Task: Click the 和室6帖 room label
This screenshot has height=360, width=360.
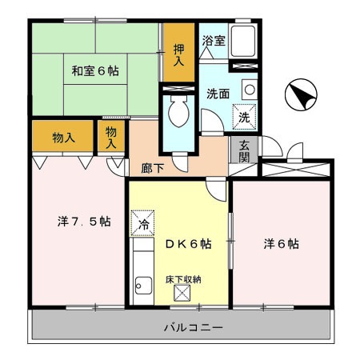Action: (94, 70)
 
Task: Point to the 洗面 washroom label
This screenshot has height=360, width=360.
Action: (216, 93)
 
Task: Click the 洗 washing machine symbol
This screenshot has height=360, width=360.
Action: (246, 117)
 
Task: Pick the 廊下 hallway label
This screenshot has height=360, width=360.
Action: (153, 170)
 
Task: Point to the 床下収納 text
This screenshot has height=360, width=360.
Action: (183, 278)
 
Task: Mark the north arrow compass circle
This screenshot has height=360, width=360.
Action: (298, 96)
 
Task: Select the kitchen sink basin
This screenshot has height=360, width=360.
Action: (144, 284)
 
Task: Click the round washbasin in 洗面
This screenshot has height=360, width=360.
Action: (249, 90)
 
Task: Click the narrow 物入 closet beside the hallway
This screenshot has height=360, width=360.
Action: (111, 138)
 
